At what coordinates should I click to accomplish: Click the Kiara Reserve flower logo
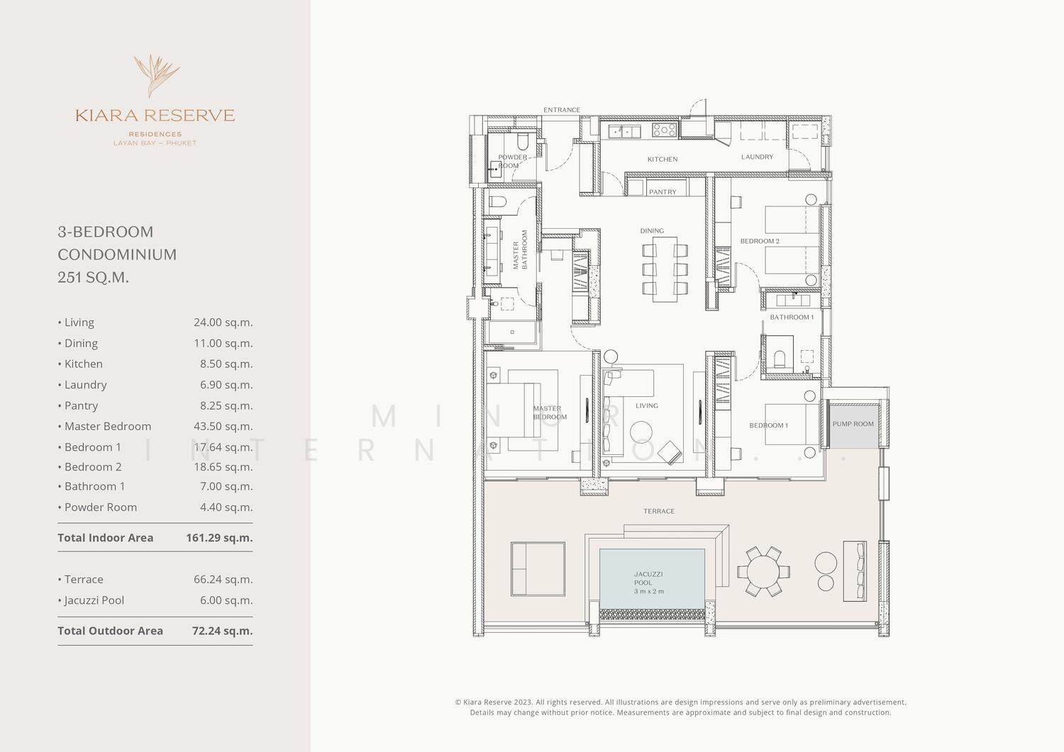point(156,76)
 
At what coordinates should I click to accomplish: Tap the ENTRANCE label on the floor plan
point(562,110)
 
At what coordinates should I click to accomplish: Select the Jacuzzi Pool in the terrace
point(652,578)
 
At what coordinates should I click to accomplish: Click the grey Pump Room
point(853,424)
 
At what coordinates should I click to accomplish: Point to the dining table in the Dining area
point(665,269)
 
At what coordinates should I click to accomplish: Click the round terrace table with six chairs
point(763,571)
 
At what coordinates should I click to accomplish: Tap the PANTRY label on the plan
point(662,192)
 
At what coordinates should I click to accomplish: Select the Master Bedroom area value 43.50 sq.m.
point(223,427)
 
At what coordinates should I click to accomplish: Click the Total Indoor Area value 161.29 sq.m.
point(219,538)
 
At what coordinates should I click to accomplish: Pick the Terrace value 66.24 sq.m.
point(223,579)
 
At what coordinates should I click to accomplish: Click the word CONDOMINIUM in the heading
point(117,254)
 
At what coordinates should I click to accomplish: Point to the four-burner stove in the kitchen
point(664,130)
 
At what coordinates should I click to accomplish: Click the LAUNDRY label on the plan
point(757,157)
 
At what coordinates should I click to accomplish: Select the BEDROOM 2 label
point(760,241)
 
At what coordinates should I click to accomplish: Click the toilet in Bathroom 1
point(780,359)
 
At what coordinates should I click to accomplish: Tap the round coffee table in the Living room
point(641,432)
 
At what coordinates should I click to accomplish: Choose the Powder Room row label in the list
point(100,507)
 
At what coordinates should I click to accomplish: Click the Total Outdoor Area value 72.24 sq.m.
point(222,631)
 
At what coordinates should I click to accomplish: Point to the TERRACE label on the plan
point(659,511)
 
